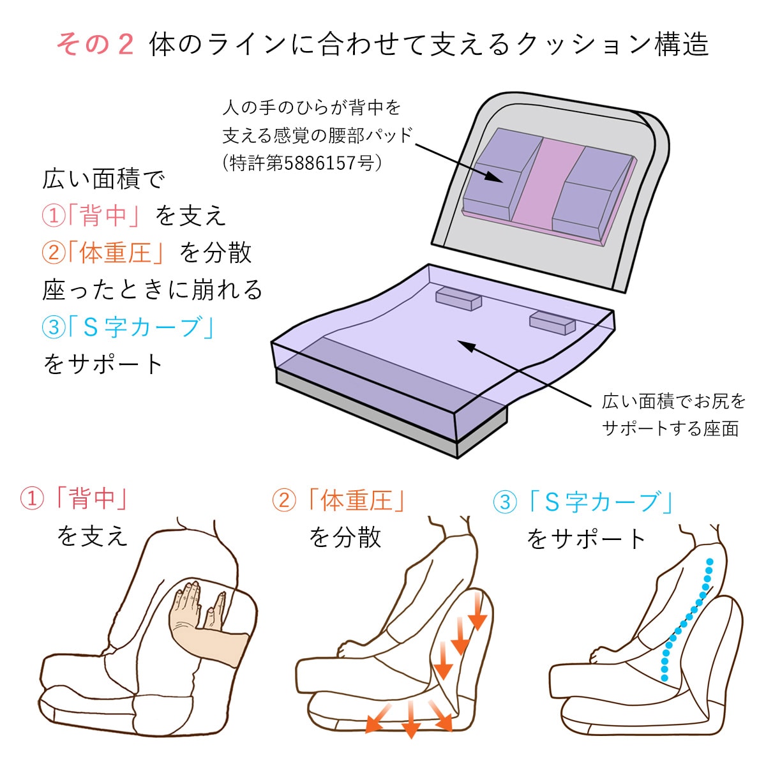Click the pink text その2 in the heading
click(95, 44)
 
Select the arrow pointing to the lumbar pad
click(459, 163)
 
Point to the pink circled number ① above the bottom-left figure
click(32, 499)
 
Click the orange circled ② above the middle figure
click(284, 500)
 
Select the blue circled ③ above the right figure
click(505, 501)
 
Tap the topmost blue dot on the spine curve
click(709, 562)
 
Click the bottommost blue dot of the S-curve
click(665, 678)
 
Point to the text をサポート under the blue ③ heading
click(587, 539)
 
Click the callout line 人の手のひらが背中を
click(312, 107)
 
